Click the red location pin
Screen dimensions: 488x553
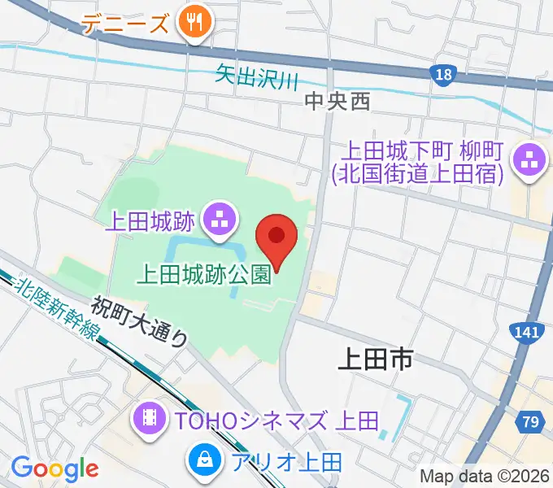[276, 236]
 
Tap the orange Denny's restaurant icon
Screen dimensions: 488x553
[195, 23]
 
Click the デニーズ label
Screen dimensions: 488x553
[127, 24]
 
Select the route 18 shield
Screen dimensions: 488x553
[442, 75]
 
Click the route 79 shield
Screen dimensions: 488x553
[530, 421]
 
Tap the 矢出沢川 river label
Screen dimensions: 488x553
[257, 79]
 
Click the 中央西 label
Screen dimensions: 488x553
[337, 101]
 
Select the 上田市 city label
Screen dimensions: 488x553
[377, 358]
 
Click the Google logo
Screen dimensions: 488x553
[54, 468]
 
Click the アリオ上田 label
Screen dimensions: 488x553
[287, 462]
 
